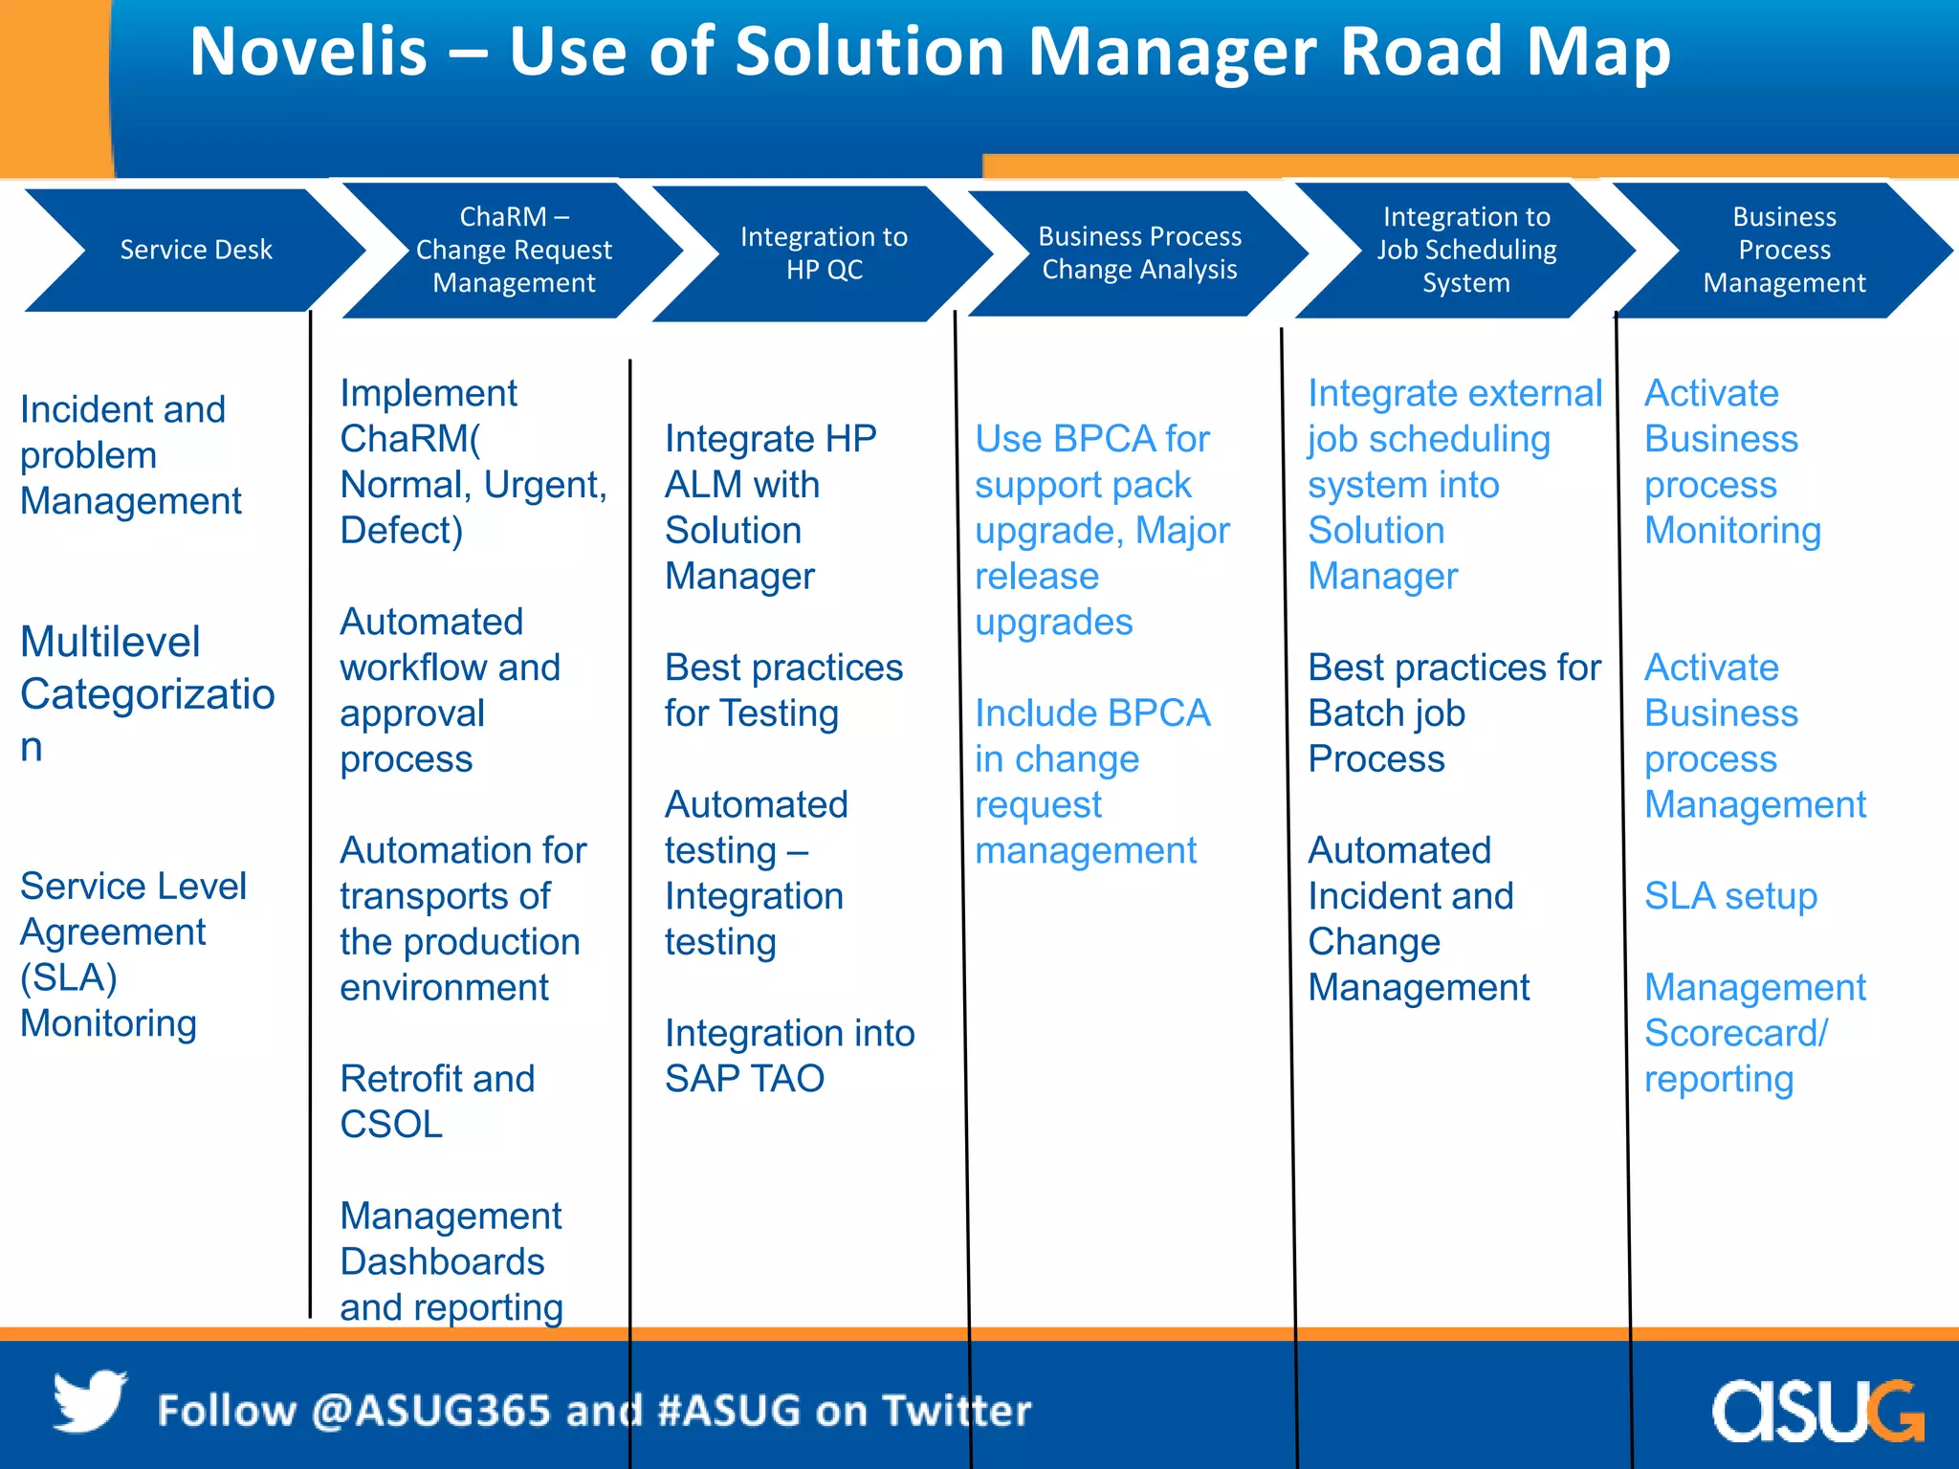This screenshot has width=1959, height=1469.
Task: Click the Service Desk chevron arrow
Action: click(195, 250)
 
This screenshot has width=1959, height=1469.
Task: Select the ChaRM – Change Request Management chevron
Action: click(514, 250)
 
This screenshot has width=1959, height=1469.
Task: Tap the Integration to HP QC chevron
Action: click(824, 252)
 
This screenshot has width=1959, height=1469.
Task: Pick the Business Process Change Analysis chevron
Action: click(1139, 252)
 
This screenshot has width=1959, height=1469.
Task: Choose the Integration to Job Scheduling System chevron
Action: click(1466, 250)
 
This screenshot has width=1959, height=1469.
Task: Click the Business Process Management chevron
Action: click(1784, 250)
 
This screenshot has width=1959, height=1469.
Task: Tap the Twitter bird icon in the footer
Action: click(90, 1402)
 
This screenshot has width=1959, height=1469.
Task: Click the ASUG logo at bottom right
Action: click(1816, 1410)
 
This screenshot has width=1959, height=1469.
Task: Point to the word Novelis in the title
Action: click(308, 52)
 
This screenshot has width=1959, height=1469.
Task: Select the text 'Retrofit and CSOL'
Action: click(437, 1101)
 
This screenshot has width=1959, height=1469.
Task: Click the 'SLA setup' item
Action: click(1730, 896)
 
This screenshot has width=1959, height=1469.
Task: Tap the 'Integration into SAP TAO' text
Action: click(789, 1055)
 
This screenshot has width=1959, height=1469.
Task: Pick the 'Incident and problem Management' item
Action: click(131, 455)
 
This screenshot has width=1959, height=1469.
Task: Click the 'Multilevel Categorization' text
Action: click(146, 693)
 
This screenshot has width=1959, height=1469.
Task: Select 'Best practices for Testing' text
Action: click(783, 690)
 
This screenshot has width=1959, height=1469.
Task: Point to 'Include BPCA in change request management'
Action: click(1091, 781)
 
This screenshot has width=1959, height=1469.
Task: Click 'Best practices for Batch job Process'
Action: click(1453, 713)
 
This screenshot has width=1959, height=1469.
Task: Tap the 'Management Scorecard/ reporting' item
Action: click(1753, 1033)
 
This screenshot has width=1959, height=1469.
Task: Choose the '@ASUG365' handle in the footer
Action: click(430, 1411)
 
